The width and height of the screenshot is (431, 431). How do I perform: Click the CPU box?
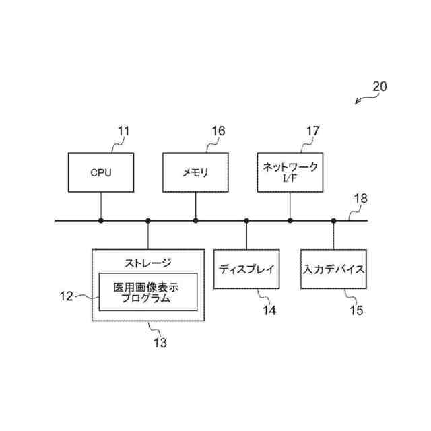101,172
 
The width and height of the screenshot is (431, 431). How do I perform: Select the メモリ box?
195,172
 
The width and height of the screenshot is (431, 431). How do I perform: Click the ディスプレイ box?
246,269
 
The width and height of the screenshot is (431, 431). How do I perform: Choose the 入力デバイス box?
333,269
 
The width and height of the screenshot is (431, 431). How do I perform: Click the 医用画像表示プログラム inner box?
148,292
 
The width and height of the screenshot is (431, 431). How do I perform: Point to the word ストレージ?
148,263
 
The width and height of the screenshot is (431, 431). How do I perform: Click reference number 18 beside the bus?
361,199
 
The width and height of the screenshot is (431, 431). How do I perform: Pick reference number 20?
380,87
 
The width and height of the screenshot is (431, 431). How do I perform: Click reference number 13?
160,343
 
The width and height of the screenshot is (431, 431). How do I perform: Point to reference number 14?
269,310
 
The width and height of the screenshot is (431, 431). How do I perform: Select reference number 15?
356,310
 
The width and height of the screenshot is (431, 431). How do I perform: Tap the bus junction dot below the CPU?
101,220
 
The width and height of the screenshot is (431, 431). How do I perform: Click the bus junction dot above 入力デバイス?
333,220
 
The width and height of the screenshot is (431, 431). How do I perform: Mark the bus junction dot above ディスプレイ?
246,220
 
